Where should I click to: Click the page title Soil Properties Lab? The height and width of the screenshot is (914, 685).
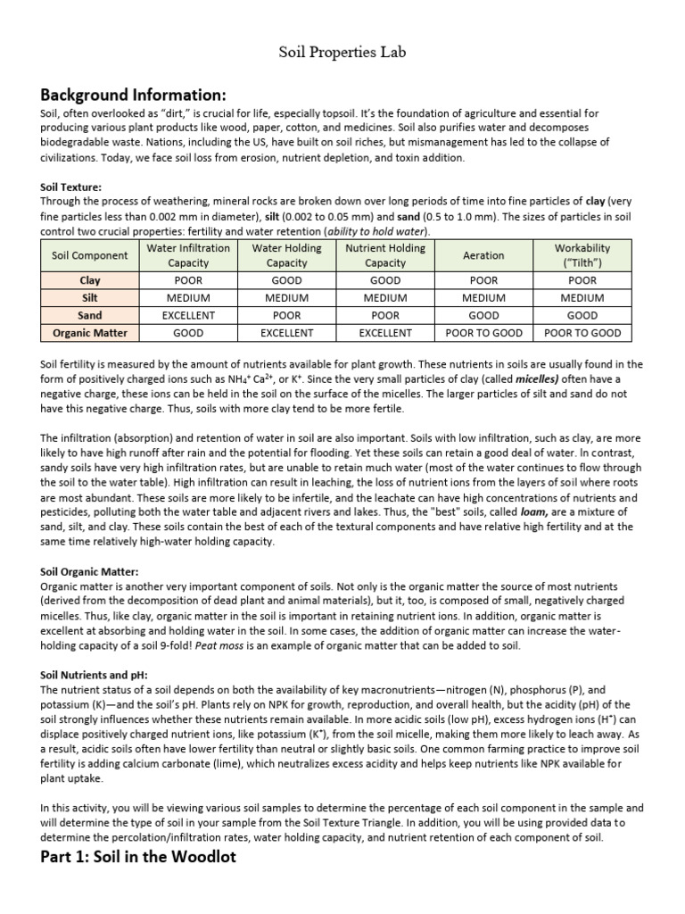[342, 53]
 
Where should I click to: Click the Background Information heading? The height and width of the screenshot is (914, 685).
[133, 95]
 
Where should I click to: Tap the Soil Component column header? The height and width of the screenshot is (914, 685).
[89, 255]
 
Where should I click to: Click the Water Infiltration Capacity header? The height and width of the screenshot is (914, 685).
[188, 255]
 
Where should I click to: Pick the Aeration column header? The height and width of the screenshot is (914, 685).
[483, 255]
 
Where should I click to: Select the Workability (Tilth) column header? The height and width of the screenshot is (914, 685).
[582, 255]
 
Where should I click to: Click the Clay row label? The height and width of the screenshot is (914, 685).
[89, 280]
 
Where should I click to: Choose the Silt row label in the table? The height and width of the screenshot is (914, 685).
[89, 298]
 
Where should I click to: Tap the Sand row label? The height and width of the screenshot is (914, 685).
[89, 315]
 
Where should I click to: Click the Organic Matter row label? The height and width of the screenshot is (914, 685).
[89, 333]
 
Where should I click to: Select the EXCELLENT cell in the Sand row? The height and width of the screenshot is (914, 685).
[188, 315]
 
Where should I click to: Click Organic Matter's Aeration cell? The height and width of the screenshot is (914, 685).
[483, 333]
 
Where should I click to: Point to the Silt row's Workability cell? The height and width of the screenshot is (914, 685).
[582, 298]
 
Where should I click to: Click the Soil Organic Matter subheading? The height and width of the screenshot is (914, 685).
[89, 571]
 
